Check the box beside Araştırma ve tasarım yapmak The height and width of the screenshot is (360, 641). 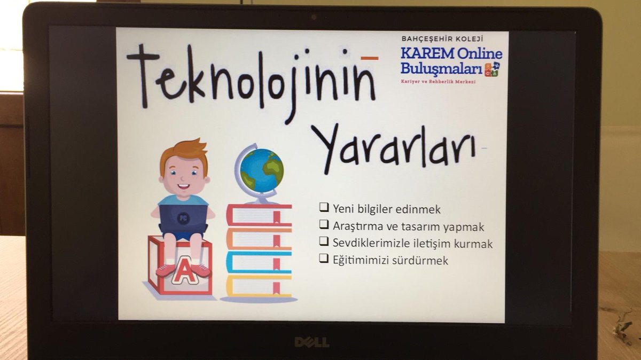[324, 225]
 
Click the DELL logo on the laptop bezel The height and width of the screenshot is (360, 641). [312, 342]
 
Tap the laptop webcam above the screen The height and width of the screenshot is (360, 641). [314, 17]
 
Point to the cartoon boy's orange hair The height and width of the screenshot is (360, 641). [184, 152]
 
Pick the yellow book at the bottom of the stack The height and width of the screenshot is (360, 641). [259, 286]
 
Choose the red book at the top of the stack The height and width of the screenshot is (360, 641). [259, 214]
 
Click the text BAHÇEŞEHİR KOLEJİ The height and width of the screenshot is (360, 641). [442, 39]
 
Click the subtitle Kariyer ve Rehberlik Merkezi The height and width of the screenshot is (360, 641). [438, 81]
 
